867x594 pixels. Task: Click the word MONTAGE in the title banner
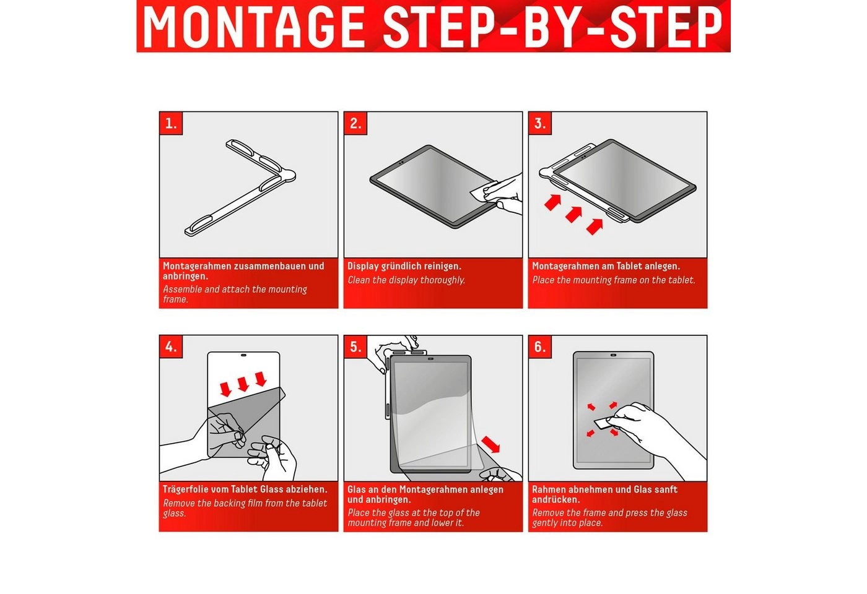[x=254, y=26]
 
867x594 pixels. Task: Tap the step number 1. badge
[x=171, y=123]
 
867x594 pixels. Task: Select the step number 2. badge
[x=355, y=123]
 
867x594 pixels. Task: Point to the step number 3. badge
[x=540, y=123]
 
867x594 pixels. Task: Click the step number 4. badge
[x=171, y=347]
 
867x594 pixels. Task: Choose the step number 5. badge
[x=355, y=347]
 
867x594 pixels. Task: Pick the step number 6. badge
[x=540, y=347]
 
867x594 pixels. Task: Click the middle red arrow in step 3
[x=573, y=214]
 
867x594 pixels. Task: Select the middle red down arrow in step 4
[x=243, y=384]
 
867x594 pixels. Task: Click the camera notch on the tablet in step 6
[x=613, y=355]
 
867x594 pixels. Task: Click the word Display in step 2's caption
[x=363, y=267]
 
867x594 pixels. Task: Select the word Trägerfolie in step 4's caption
[x=186, y=489]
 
